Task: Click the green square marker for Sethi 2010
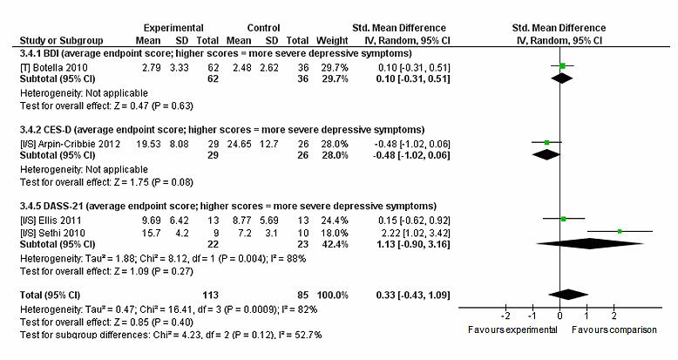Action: [x=620, y=231]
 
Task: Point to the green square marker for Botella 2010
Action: [x=563, y=66]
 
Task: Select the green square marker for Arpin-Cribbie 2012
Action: [x=546, y=142]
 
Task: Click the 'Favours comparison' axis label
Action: [x=614, y=330]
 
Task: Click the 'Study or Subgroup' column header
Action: [x=56, y=40]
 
